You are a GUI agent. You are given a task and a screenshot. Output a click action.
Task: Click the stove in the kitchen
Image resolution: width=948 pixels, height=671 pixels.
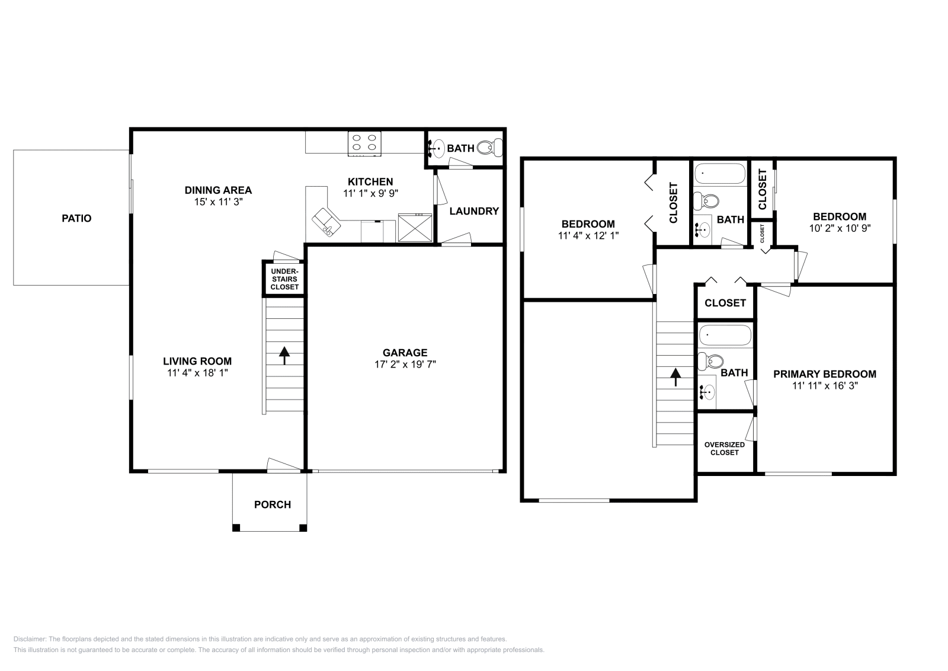364,143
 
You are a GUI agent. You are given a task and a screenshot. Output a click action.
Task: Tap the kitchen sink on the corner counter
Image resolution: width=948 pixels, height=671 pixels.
326,221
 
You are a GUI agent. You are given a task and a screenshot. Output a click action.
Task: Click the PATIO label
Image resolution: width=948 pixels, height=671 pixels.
77,218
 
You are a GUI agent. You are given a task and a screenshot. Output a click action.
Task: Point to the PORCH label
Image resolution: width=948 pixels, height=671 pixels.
273,504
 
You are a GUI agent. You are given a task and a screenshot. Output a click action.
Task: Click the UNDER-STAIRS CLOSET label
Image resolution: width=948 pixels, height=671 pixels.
284,279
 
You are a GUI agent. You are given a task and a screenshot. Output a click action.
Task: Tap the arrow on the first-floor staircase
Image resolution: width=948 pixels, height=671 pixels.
284,355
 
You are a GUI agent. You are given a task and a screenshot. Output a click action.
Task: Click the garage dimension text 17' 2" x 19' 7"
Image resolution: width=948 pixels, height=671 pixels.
405,365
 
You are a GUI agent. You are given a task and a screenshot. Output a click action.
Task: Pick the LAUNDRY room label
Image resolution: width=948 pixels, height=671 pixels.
474,211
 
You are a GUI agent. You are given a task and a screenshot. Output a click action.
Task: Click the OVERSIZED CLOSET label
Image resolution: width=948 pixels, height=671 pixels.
725,448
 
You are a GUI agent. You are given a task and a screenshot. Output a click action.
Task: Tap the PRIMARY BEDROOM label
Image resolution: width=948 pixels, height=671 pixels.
824,374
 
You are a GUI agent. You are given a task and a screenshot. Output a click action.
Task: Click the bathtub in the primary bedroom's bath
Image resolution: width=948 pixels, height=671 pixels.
725,335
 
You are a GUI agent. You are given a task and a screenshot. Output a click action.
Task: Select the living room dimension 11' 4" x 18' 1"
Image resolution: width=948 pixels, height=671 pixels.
197,373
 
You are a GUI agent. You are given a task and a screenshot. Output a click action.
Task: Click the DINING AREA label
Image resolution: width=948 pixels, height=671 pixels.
218,190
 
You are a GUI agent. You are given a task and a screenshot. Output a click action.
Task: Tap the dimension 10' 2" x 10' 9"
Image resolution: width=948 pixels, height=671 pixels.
840,228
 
